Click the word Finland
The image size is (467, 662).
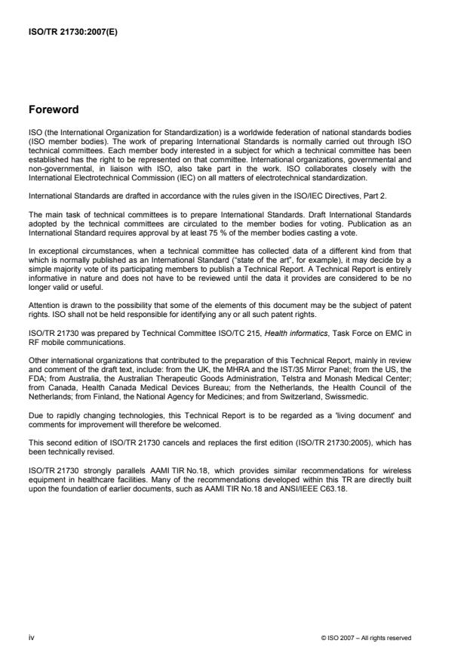[136, 371]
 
